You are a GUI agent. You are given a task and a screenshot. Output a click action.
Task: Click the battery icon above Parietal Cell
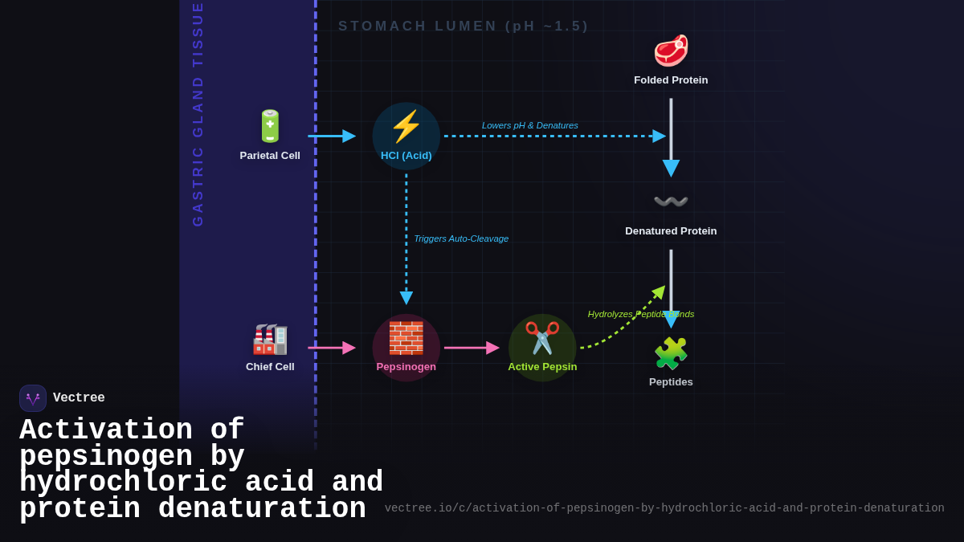pos(270,126)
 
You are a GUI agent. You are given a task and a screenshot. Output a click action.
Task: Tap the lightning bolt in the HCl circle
pos(406,126)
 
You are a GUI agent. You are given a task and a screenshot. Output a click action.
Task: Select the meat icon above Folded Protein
pos(671,51)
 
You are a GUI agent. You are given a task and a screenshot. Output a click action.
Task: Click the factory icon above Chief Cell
pos(270,339)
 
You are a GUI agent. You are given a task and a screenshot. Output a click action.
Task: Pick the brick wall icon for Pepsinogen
pos(406,338)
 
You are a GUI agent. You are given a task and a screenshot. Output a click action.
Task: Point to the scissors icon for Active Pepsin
pos(542,338)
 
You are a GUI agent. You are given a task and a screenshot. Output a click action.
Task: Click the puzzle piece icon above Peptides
pos(671,353)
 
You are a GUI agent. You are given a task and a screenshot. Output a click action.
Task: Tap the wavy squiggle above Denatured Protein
pos(671,202)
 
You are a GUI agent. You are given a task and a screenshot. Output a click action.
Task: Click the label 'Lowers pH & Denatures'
pos(529,125)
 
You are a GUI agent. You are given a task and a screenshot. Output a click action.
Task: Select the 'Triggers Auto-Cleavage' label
pos(461,238)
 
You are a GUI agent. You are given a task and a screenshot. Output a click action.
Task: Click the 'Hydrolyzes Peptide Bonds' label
pos(640,314)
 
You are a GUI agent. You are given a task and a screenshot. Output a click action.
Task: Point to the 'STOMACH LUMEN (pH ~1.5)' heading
pos(464,26)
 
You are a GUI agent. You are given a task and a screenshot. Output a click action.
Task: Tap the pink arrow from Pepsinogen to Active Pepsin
pos(471,348)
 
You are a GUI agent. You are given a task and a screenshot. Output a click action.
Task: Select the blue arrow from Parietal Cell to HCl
pos(331,136)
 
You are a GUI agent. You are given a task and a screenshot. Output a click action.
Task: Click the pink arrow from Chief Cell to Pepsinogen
pos(331,348)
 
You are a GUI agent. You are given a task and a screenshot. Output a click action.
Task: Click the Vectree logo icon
pos(33,398)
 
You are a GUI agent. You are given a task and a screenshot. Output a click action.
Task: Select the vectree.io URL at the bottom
pos(664,508)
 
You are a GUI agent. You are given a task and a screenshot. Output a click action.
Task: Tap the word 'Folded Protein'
pos(671,80)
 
